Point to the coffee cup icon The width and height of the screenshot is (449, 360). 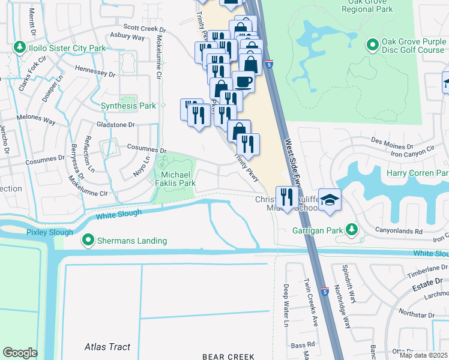click(243, 81)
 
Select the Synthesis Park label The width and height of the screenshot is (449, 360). click(128, 106)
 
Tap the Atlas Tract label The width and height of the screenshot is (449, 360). click(107, 347)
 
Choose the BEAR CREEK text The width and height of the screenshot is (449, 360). click(229, 356)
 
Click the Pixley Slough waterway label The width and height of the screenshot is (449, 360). click(49, 232)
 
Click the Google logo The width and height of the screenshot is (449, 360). click(20, 352)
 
